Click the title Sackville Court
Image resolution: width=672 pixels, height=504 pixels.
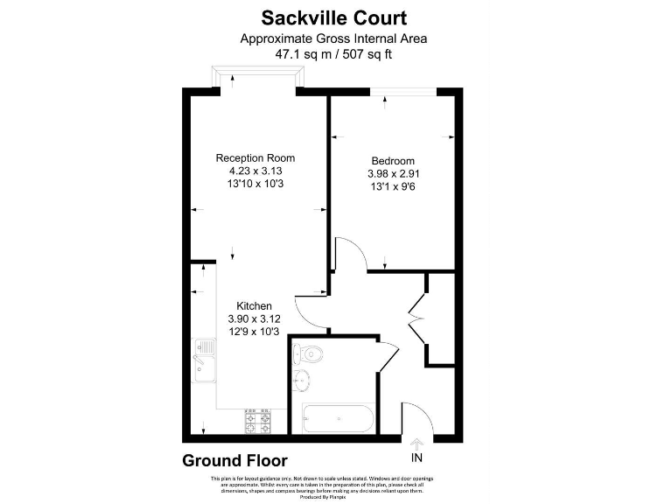335,17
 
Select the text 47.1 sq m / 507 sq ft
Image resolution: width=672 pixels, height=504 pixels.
335,53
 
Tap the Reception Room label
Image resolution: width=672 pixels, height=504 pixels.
255,158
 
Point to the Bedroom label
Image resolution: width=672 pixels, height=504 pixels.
393,160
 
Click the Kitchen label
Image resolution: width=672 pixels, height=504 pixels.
254,306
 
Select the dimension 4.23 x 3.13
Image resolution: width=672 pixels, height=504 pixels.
255,171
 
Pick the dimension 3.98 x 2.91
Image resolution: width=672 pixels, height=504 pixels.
393,174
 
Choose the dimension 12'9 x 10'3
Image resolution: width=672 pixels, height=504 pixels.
254,332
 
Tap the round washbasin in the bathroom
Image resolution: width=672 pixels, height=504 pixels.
304,381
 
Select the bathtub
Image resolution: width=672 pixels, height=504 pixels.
338,420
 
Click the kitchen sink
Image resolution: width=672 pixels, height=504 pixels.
203,360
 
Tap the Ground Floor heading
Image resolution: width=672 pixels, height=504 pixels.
234,460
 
